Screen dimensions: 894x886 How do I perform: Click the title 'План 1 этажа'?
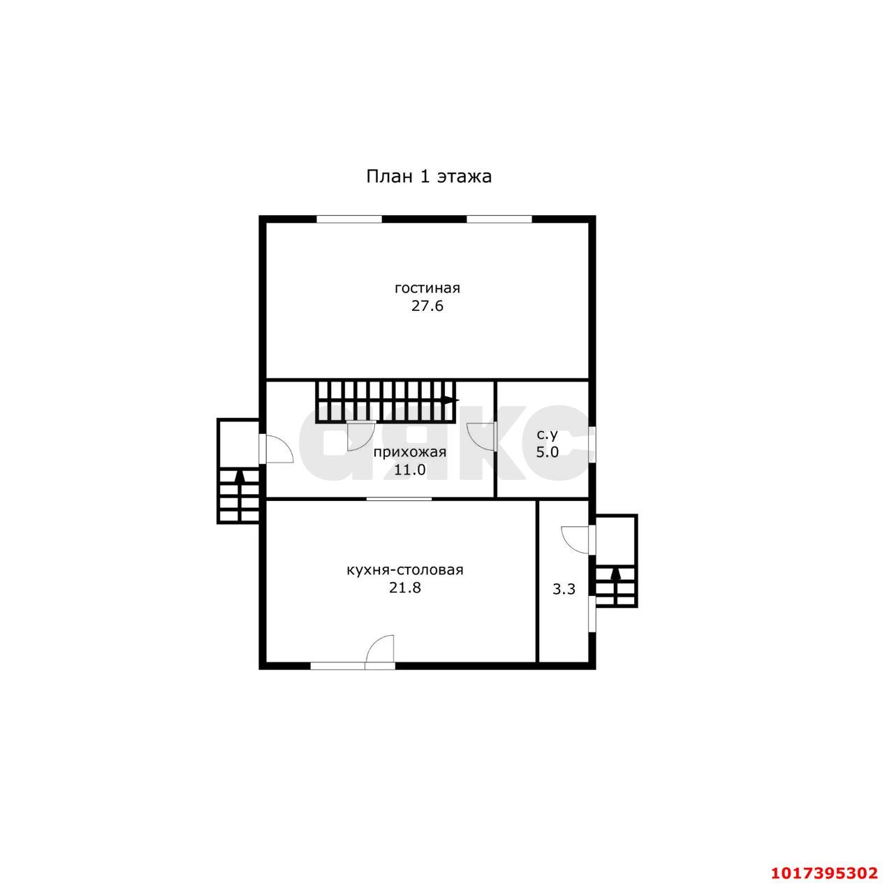[x=429, y=177]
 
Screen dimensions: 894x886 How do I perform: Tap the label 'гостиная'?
[x=427, y=289]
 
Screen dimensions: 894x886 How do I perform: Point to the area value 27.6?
[x=427, y=307]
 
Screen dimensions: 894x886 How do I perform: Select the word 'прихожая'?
[x=410, y=452]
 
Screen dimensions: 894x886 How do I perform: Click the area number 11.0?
[x=410, y=470]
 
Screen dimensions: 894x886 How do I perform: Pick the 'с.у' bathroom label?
[x=547, y=435]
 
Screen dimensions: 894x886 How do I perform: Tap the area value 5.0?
[x=548, y=452]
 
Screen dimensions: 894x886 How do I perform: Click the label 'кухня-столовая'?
[x=405, y=569]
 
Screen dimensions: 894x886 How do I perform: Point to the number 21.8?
[x=405, y=588]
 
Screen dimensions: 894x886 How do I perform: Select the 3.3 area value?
[x=564, y=589]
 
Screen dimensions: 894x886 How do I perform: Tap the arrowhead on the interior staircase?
[x=451, y=400]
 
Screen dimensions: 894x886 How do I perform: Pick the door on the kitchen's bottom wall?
[x=379, y=652]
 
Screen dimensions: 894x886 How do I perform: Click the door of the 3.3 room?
[x=576, y=539]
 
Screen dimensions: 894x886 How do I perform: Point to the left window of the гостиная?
[x=351, y=219]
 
